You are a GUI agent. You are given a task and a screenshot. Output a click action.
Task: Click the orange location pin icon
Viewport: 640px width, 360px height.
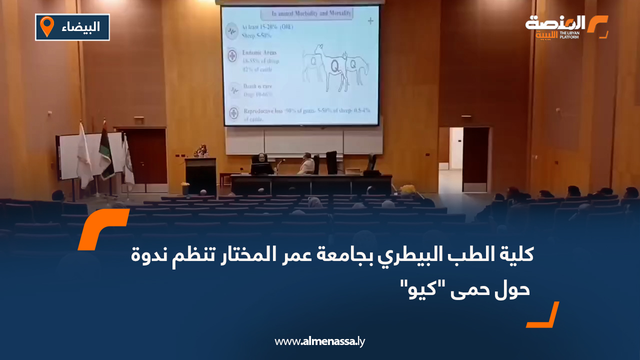click(47, 26)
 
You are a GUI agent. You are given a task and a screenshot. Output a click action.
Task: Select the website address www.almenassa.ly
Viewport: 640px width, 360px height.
click(320, 341)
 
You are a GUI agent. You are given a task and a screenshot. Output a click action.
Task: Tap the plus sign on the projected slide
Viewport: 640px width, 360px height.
click(370, 21)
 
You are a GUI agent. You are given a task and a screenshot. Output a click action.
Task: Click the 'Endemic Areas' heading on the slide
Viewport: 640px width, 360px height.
click(259, 52)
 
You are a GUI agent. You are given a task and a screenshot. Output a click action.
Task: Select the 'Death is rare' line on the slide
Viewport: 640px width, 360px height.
click(258, 86)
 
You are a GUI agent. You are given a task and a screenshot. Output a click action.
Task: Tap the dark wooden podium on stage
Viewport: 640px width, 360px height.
click(200, 176)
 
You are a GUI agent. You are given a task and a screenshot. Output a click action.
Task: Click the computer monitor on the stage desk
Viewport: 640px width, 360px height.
click(262, 168)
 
